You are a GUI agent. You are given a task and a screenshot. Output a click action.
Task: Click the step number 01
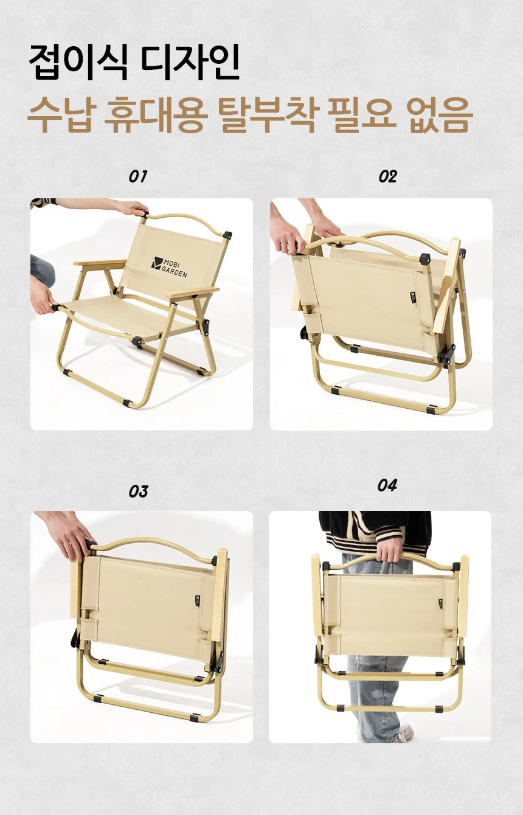pyautogui.click(x=137, y=176)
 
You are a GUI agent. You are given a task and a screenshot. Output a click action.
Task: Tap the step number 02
pyautogui.click(x=387, y=176)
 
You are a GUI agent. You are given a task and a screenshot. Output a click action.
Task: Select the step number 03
pyautogui.click(x=138, y=491)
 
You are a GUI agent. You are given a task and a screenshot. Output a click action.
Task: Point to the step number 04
pyautogui.click(x=387, y=485)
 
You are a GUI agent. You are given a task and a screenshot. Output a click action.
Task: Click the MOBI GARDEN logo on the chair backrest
pyautogui.click(x=170, y=267)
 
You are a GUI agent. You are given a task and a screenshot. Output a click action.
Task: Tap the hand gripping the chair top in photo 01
pyautogui.click(x=133, y=209)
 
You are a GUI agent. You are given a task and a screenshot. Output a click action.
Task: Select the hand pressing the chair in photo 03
pyautogui.click(x=70, y=535)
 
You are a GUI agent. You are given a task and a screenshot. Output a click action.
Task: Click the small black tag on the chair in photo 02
pyautogui.click(x=412, y=297)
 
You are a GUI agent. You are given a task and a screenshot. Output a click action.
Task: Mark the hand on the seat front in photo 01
pyautogui.click(x=43, y=298)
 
